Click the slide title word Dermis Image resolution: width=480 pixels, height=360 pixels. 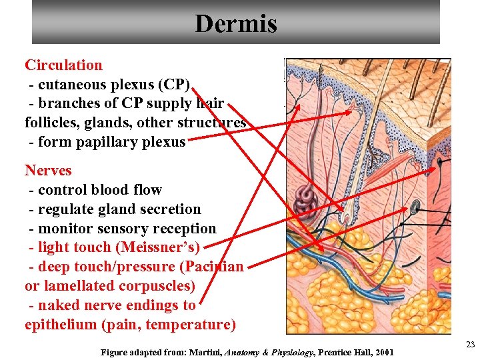(235, 24)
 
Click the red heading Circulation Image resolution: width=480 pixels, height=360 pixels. (64, 65)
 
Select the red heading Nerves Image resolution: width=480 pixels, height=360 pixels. (48, 170)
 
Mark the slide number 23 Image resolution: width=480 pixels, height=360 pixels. (470, 344)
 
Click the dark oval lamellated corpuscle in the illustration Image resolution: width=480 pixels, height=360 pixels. (415, 207)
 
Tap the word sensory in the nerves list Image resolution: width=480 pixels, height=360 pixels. (115, 228)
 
